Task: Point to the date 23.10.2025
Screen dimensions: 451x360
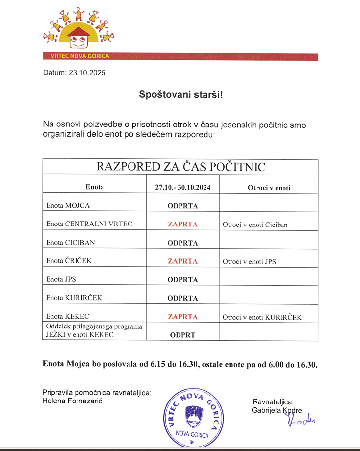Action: point(87,73)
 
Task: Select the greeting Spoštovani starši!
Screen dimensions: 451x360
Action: point(181,94)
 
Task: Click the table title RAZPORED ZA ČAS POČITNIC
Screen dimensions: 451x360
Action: point(181,167)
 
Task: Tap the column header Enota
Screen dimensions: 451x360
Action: point(95,187)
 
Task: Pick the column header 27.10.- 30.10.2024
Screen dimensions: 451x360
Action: point(183,187)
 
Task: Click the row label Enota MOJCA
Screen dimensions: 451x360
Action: point(68,205)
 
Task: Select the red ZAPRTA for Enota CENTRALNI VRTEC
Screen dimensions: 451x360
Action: point(182,224)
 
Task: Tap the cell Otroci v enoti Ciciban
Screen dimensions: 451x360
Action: point(255,225)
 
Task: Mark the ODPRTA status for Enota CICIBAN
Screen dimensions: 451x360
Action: point(182,243)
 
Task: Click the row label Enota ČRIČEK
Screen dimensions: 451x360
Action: point(69,261)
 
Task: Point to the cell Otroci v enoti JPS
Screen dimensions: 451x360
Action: point(249,261)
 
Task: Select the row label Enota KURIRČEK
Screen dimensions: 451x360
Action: point(74,298)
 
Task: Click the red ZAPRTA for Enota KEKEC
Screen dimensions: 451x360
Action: point(182,316)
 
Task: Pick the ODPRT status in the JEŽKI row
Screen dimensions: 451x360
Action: point(182,335)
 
